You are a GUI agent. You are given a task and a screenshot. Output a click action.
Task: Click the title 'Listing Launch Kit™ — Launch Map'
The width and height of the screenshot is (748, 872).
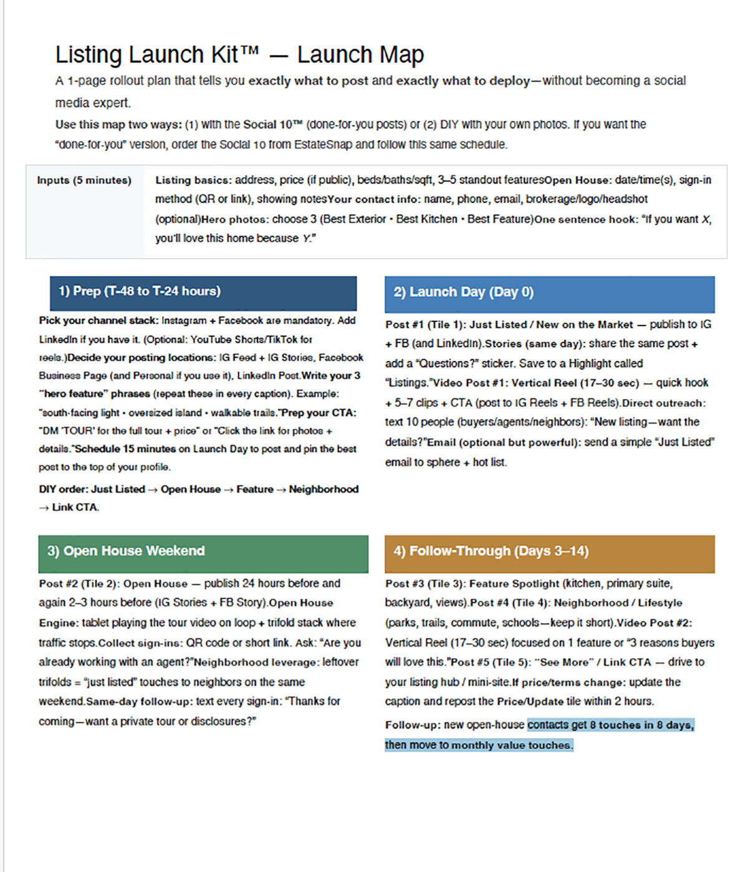coord(239,55)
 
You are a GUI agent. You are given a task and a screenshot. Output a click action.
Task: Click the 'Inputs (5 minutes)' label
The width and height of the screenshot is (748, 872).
coord(84,181)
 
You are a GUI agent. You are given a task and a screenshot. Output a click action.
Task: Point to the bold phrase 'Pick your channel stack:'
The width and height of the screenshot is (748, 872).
coord(98,320)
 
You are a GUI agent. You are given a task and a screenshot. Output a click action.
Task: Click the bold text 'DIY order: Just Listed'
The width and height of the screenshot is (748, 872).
coord(92,489)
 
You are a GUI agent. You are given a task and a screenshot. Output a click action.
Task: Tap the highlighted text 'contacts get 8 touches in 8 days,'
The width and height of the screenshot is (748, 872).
coord(610,725)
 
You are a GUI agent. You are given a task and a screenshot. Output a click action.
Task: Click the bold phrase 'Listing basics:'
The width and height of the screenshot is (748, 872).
coord(193,180)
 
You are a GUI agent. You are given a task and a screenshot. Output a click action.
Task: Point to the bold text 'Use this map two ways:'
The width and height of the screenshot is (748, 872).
coord(118,125)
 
